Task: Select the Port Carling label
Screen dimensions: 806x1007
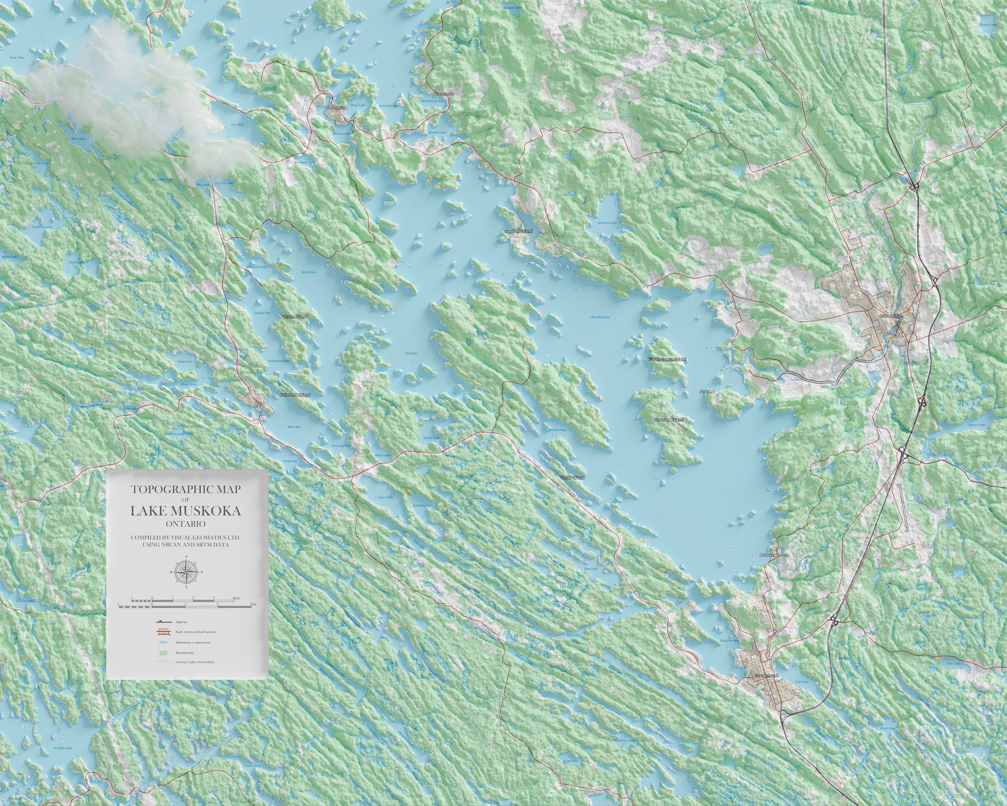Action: pyautogui.click(x=336, y=107)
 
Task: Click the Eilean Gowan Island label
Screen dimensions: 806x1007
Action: pyautogui.click(x=667, y=360)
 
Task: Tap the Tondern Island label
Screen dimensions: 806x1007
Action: pyautogui.click(x=518, y=231)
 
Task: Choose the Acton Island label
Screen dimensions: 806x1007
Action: pyautogui.click(x=295, y=317)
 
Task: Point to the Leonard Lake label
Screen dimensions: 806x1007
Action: pyautogui.click(x=607, y=223)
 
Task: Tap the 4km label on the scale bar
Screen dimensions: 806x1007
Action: pyautogui.click(x=237, y=598)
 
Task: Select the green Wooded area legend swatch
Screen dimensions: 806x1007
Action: pyautogui.click(x=163, y=654)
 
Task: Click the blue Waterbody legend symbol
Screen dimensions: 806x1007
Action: pyautogui.click(x=163, y=643)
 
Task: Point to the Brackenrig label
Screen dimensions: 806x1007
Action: pyautogui.click(x=443, y=93)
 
